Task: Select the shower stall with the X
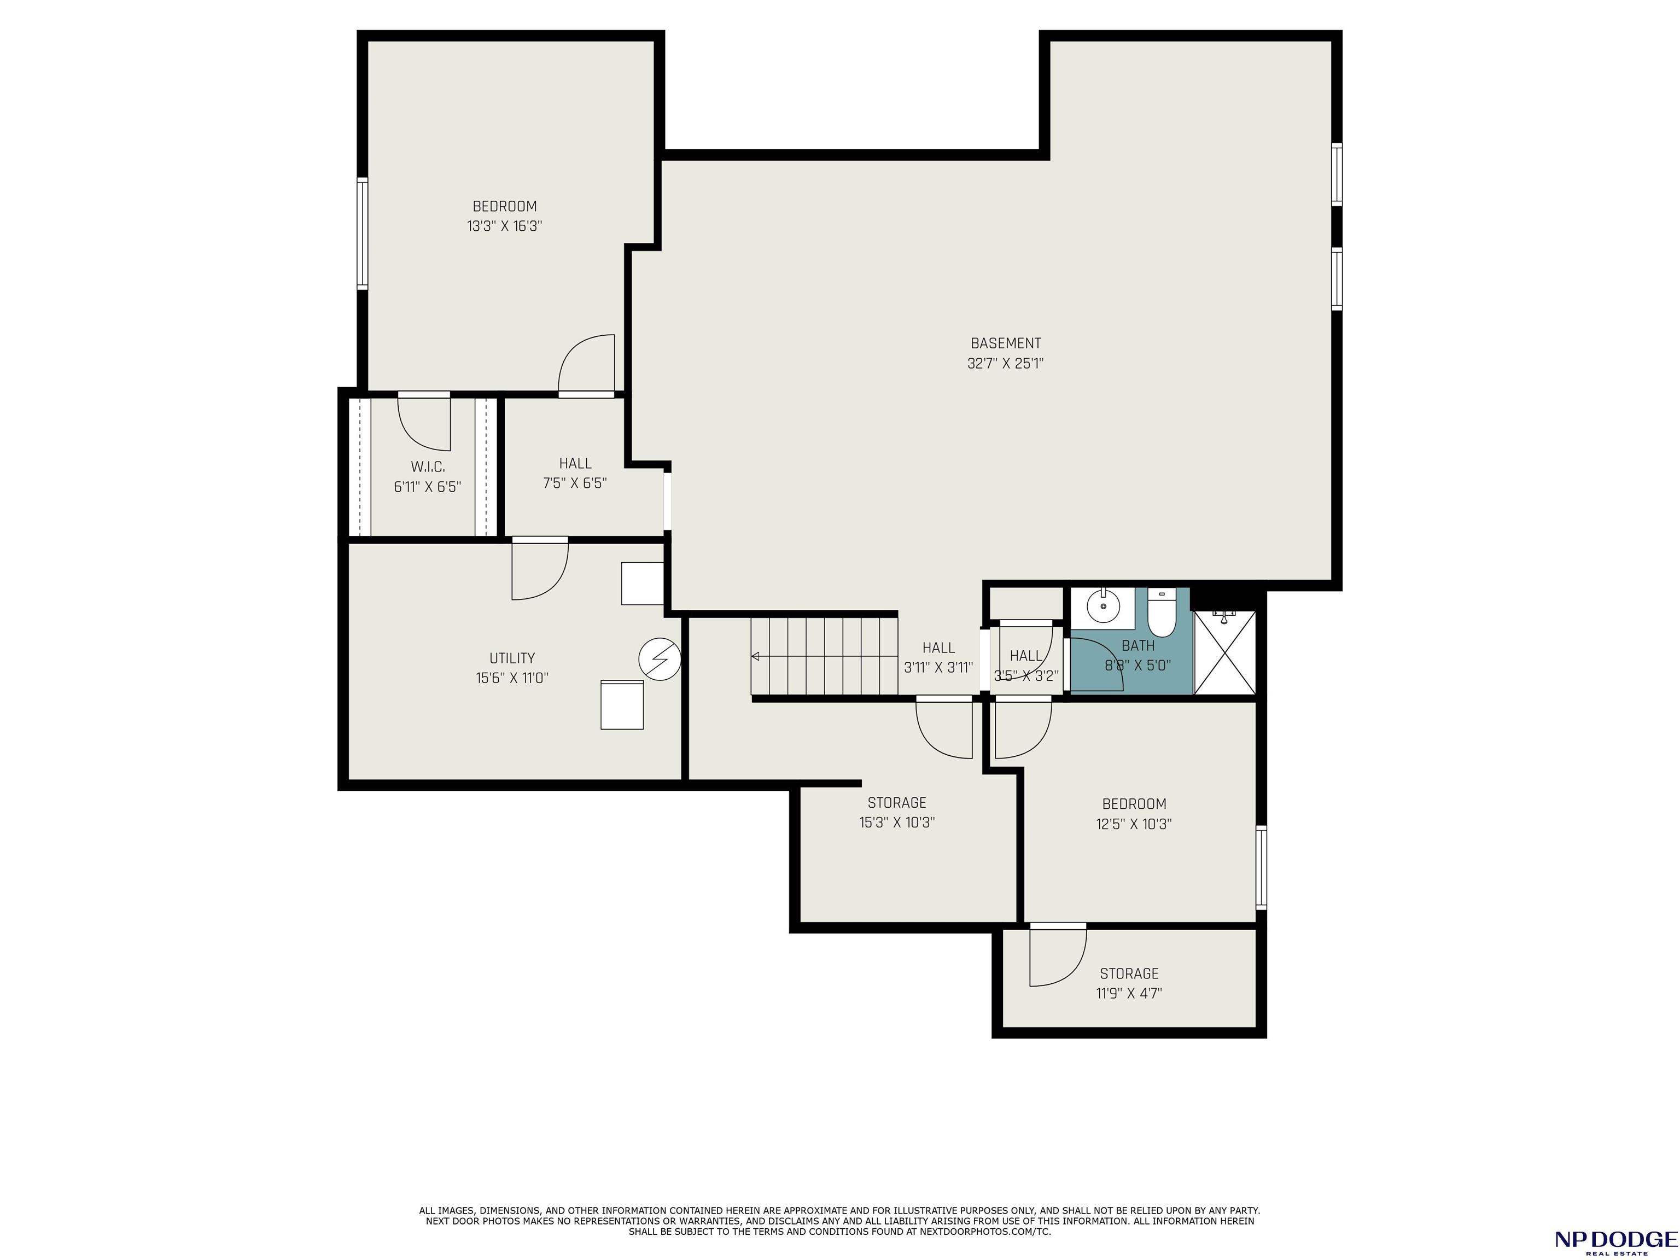[x=1224, y=652]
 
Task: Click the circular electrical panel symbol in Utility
[x=659, y=658]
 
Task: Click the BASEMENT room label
[x=1006, y=343]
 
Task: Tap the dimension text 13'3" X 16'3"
[x=504, y=226]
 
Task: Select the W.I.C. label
[x=428, y=467]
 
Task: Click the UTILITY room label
[x=512, y=658]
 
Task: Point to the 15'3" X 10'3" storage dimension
[x=897, y=822]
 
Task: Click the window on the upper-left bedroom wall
[x=362, y=233]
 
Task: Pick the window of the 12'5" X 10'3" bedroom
[x=1261, y=867]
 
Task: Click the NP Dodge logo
[x=1615, y=1240]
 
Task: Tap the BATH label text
[x=1137, y=645]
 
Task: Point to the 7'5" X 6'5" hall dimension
[x=575, y=483]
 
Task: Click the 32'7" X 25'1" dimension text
[x=1006, y=364]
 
